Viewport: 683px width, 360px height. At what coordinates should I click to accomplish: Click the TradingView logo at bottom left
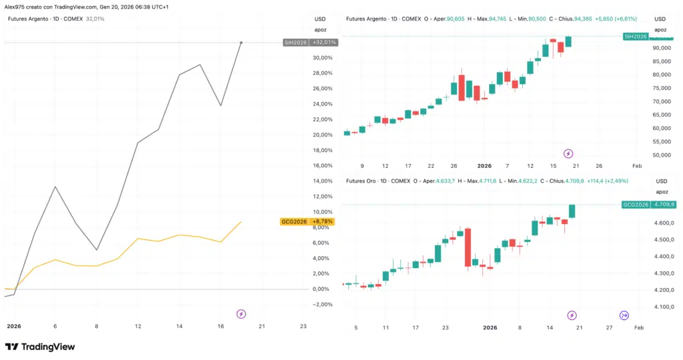39,347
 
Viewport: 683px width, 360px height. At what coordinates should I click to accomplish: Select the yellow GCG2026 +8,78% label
307,221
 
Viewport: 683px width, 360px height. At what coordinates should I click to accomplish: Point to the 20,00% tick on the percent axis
323,135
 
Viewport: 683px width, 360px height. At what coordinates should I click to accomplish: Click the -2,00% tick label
323,305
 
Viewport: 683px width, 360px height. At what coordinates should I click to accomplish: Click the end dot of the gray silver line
241,43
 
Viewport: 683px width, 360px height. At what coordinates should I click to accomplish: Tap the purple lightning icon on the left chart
241,313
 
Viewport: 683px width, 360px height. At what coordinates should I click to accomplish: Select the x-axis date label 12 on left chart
138,326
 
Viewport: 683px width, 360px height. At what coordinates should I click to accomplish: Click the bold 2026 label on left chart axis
14,326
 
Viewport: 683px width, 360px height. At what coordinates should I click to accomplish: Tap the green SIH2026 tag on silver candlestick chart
634,36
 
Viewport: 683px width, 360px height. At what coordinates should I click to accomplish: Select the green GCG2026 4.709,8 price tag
648,205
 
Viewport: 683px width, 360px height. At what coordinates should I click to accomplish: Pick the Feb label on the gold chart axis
638,328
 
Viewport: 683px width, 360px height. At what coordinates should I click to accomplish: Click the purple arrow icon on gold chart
624,315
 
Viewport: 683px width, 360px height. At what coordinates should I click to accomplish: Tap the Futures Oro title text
364,181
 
